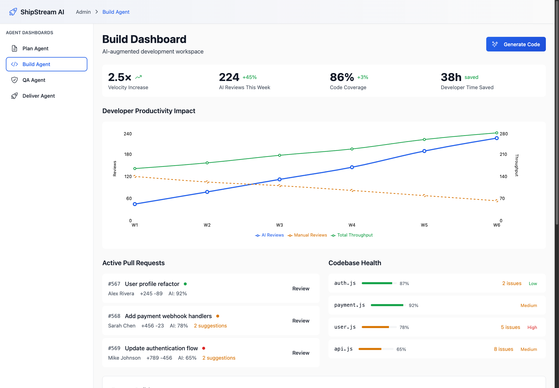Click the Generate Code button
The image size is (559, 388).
[x=516, y=44]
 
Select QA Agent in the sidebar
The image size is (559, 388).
[x=34, y=80]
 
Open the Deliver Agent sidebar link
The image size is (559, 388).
[x=39, y=96]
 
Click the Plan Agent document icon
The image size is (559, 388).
[x=14, y=49]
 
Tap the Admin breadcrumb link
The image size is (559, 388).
[x=83, y=12]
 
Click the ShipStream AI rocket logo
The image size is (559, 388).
[x=13, y=12]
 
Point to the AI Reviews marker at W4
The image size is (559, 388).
[x=352, y=167]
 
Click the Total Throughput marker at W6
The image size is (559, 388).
[x=496, y=133]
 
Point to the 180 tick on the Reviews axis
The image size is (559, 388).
[x=128, y=154]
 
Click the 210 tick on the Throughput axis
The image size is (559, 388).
[x=503, y=154]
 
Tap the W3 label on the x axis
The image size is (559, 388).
[x=279, y=225]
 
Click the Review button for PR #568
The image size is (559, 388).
[x=301, y=321]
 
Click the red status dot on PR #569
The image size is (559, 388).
[x=204, y=348]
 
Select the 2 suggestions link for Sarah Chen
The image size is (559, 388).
[x=210, y=326]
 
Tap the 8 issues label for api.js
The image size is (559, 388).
[x=503, y=349]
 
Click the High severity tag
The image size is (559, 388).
[x=532, y=327]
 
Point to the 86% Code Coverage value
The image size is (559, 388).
[x=342, y=77]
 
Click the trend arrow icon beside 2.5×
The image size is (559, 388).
[x=139, y=77]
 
